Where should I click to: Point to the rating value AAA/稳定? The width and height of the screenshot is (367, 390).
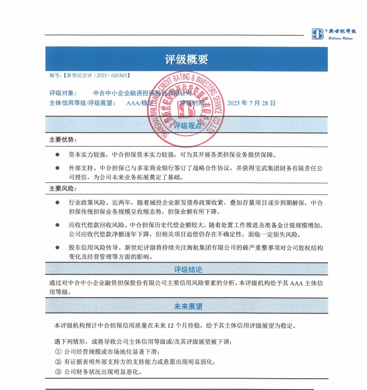140,103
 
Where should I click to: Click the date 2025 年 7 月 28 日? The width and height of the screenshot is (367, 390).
251,103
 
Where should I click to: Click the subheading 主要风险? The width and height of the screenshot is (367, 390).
63,189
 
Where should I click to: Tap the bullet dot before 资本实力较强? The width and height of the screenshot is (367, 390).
57,155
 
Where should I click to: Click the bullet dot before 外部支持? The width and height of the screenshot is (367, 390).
57,168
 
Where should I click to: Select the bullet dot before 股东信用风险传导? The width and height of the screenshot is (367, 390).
57,247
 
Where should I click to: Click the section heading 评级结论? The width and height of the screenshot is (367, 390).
188,269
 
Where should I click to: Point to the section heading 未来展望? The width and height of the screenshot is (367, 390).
188,307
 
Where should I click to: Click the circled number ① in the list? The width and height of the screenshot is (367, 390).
58,352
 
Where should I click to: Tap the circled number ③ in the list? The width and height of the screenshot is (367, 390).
58,372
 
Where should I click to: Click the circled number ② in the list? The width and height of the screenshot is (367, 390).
58,362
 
